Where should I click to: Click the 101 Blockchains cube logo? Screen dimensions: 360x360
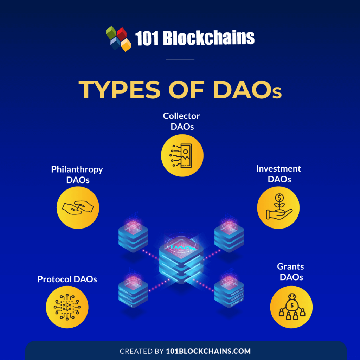118,38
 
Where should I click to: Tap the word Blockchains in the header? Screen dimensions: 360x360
209,38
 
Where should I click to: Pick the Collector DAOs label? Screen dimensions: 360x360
181,121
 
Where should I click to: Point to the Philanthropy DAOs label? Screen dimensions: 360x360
77,174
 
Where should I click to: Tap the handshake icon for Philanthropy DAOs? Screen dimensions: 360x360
78,207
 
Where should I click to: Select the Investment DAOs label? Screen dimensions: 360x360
279,174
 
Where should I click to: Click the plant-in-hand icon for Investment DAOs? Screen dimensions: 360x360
278,208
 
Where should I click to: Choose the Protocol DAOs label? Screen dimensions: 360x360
67,279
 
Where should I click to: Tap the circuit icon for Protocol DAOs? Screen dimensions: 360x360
67,307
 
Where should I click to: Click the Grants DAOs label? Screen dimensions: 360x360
291,272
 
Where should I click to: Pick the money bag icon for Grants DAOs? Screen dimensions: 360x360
291,307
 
